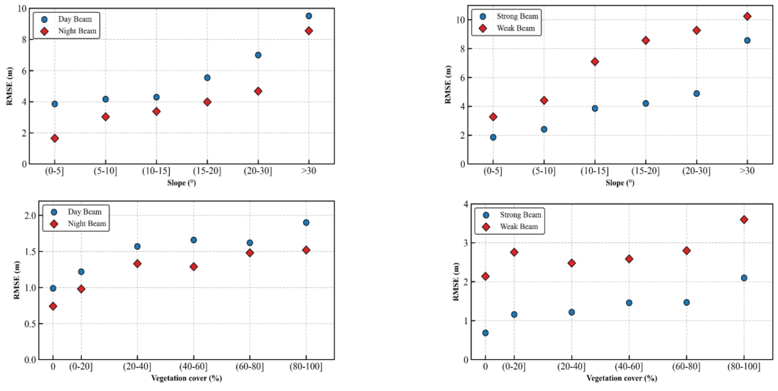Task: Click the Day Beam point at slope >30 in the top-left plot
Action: pos(309,16)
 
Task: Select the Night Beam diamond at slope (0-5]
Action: pos(55,138)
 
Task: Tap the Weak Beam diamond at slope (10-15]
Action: pos(595,62)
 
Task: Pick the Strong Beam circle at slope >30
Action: pos(747,40)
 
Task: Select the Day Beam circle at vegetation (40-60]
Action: pos(194,240)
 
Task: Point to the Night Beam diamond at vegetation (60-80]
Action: pos(250,253)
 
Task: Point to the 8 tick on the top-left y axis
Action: pos(24,40)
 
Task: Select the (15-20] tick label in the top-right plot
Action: pos(646,171)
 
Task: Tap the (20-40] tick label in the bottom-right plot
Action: pos(571,367)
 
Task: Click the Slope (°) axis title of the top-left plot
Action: pos(182,183)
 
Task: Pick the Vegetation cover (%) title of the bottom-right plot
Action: pos(622,378)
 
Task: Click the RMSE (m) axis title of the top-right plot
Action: pos(448,85)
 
